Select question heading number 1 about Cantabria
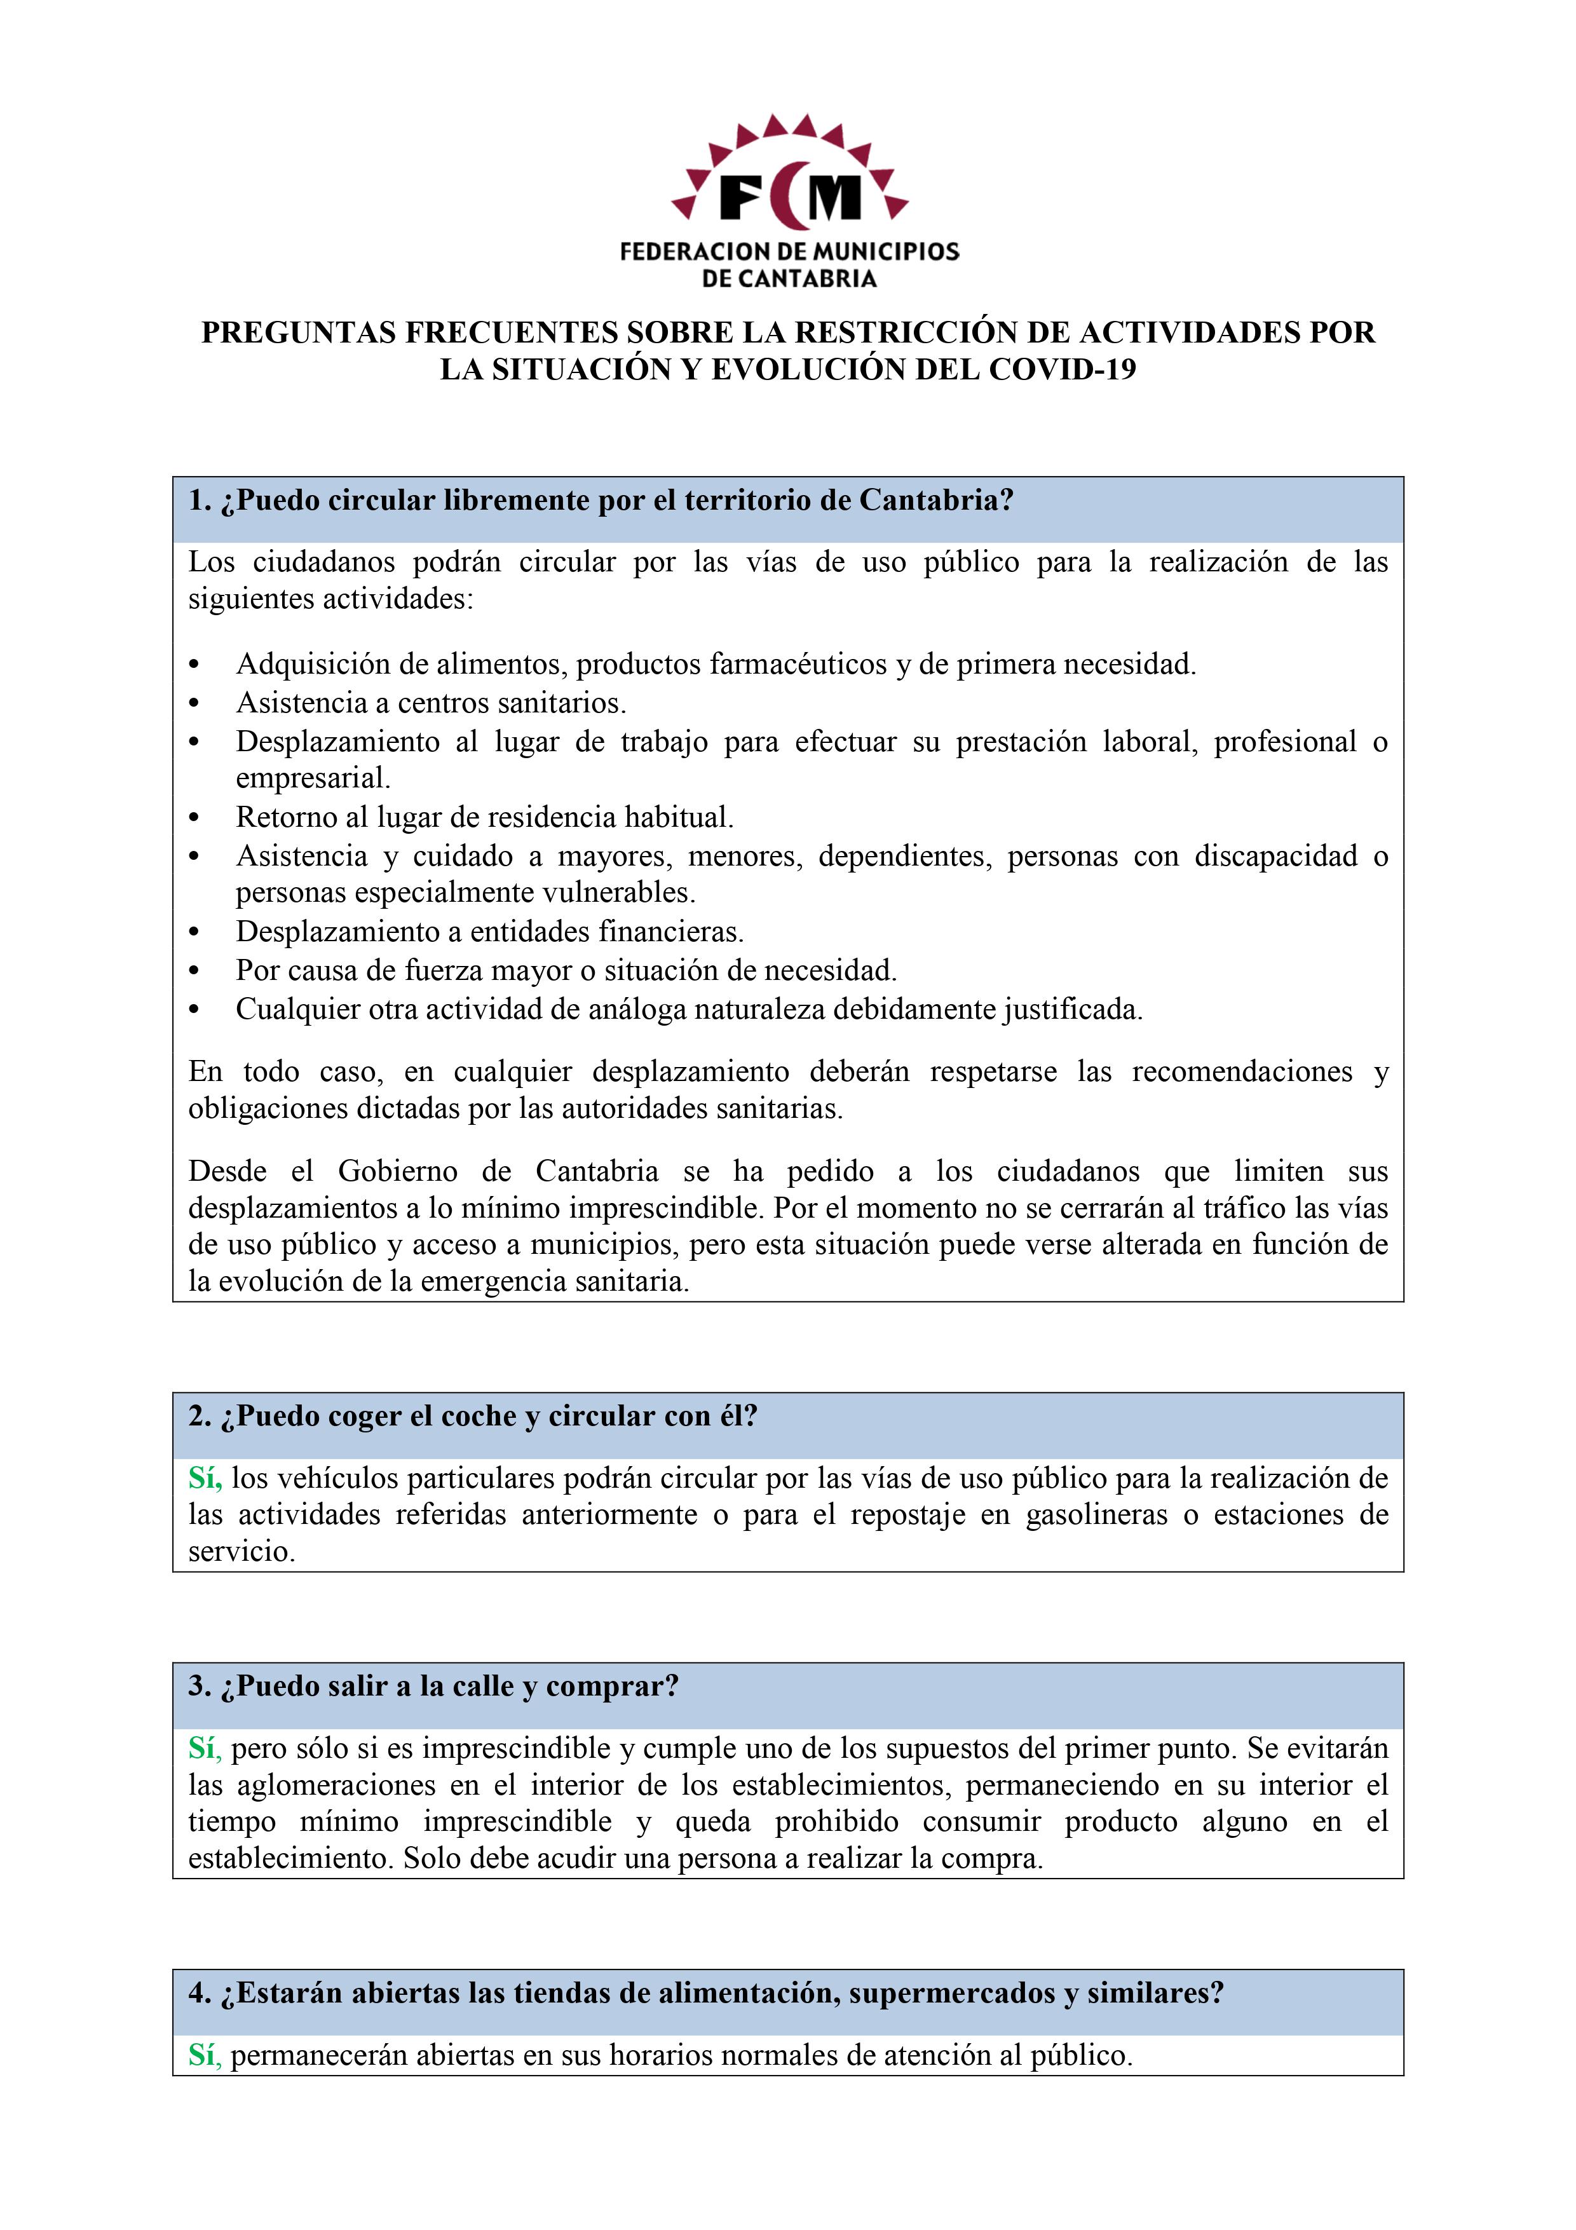(x=601, y=501)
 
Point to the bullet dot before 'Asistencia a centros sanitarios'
(x=194, y=703)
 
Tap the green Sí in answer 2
(x=205, y=1479)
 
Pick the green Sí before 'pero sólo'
(x=205, y=1749)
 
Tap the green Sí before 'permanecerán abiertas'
(x=205, y=2056)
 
